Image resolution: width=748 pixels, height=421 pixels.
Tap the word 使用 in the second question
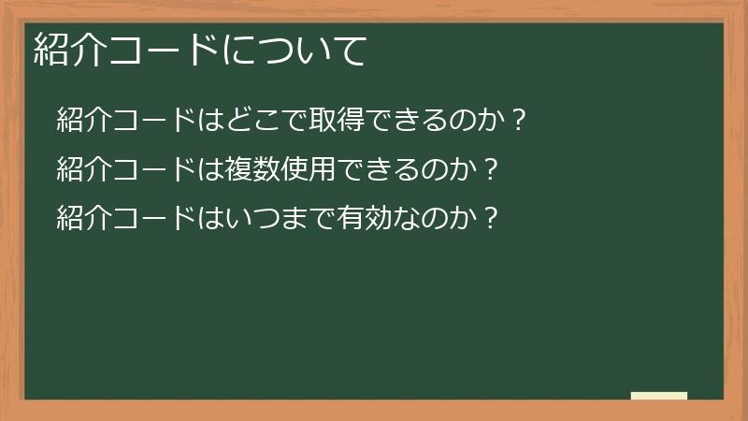click(x=292, y=169)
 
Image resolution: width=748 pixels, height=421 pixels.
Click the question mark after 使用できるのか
click(x=493, y=169)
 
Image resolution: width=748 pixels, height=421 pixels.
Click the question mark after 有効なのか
click(x=493, y=219)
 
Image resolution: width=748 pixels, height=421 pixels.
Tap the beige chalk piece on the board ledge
click(x=659, y=396)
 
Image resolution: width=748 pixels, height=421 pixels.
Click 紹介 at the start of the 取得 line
click(x=81, y=120)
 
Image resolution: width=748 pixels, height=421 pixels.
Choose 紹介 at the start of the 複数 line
click(x=81, y=169)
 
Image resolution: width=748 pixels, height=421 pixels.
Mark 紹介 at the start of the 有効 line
click(x=81, y=219)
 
